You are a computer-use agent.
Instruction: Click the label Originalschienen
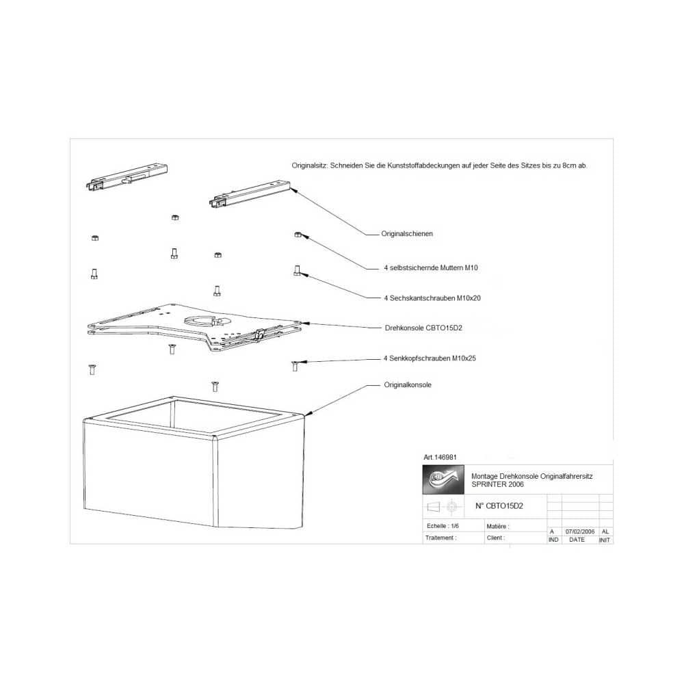click(x=407, y=234)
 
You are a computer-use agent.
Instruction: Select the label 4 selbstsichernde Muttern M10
click(x=431, y=267)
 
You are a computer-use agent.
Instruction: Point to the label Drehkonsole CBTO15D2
click(x=423, y=328)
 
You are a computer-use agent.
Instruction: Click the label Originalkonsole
click(x=408, y=385)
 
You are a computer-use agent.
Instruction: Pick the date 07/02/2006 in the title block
click(x=580, y=531)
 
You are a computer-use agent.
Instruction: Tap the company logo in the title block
click(x=444, y=480)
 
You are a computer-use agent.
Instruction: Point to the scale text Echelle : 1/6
click(x=443, y=526)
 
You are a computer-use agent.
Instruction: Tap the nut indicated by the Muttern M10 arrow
click(x=298, y=235)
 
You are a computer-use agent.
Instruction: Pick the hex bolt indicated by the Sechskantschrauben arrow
click(x=297, y=271)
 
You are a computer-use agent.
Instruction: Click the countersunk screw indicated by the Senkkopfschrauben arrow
click(x=295, y=365)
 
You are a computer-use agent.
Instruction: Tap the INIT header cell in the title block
click(x=605, y=540)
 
